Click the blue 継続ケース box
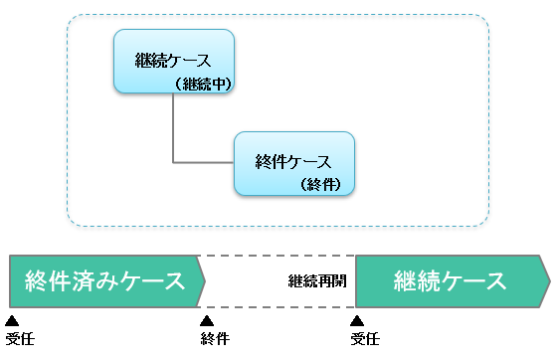pyautogui.click(x=173, y=60)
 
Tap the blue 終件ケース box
pyautogui.click(x=294, y=161)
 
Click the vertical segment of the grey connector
pyautogui.click(x=174, y=127)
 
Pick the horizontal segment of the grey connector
pyautogui.click(x=204, y=162)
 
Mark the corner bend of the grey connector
pyautogui.click(x=174, y=162)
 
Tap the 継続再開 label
pyautogui.click(x=317, y=280)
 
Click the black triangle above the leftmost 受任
pyautogui.click(x=12, y=320)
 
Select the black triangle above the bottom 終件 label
pyautogui.click(x=207, y=320)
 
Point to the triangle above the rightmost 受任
pyautogui.click(x=358, y=320)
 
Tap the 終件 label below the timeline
pyautogui.click(x=214, y=339)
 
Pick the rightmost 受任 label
pyautogui.click(x=365, y=339)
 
